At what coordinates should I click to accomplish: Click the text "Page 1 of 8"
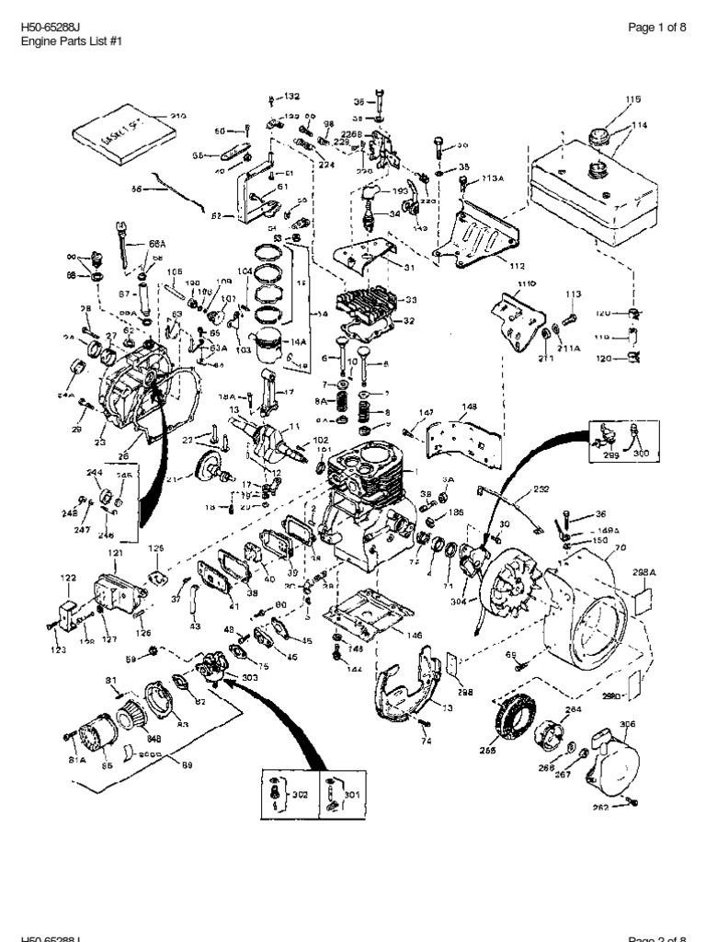tap(656, 28)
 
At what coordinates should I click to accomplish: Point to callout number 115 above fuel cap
tap(632, 99)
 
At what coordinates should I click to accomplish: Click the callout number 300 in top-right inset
tap(641, 454)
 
